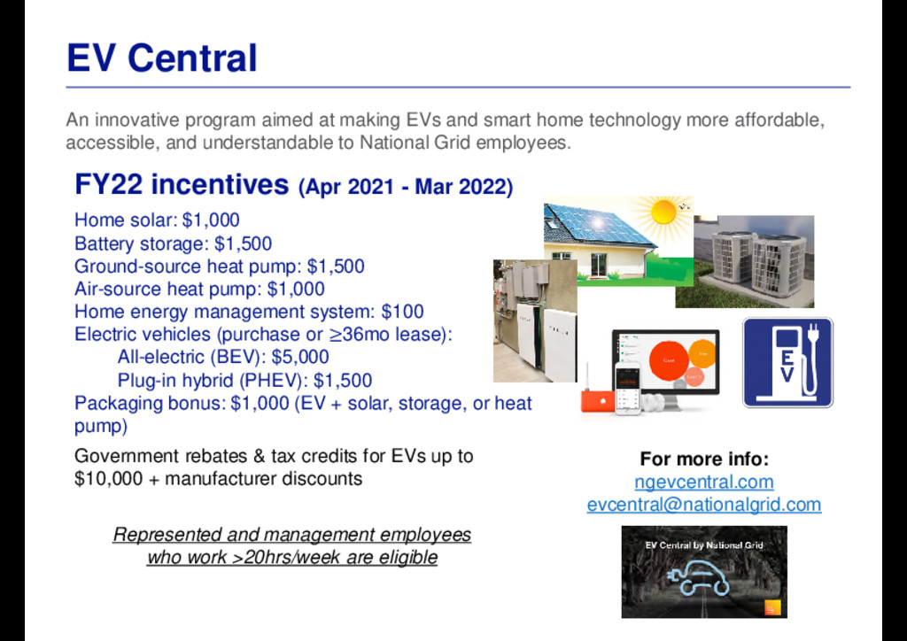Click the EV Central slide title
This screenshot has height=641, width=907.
click(x=161, y=58)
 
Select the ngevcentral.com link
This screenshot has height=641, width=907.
click(x=704, y=482)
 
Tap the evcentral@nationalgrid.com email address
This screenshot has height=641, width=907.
click(x=704, y=505)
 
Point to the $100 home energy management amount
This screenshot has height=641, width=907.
click(x=403, y=313)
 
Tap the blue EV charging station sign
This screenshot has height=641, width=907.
click(x=787, y=362)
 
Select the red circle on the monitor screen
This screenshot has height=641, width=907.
click(x=669, y=360)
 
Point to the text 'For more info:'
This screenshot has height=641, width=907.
click(x=704, y=459)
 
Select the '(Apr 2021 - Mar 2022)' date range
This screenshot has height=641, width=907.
click(x=406, y=188)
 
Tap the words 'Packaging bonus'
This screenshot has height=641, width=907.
click(x=149, y=404)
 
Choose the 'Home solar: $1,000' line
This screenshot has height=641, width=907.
click(x=157, y=220)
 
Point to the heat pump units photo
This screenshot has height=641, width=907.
click(x=745, y=261)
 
